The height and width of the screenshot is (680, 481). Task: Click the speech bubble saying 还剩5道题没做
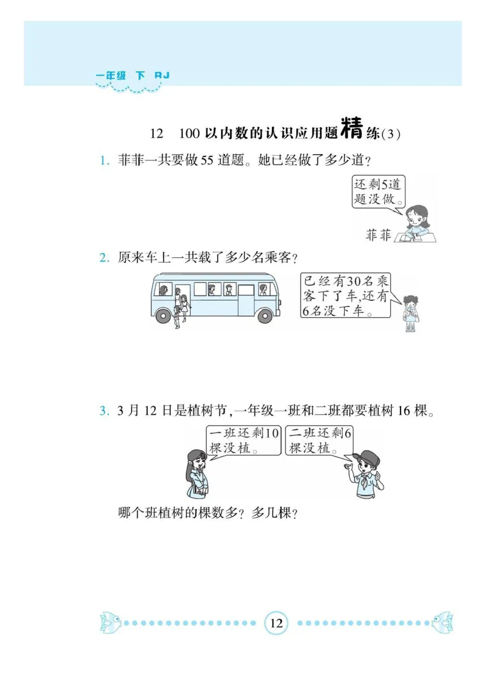click(378, 192)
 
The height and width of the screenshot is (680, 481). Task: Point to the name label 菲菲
click(378, 235)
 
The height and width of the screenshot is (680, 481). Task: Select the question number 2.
click(103, 258)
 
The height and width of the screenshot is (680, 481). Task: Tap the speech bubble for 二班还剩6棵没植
click(319, 442)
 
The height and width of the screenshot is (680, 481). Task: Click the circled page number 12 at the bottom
click(277, 623)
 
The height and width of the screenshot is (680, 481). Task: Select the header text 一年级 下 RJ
click(133, 76)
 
